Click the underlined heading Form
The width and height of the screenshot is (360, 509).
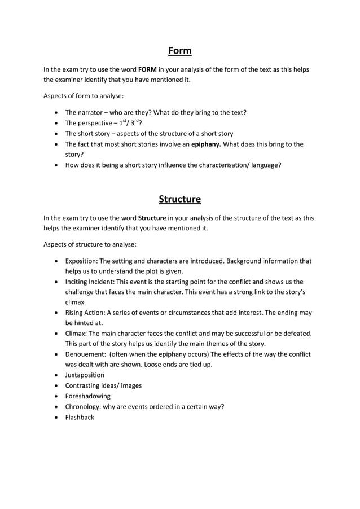(180, 51)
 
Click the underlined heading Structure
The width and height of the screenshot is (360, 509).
(180, 199)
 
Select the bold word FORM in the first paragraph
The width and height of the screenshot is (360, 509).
(147, 69)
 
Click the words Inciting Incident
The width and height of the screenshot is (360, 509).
(91, 282)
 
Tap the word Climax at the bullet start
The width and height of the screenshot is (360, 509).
(77, 334)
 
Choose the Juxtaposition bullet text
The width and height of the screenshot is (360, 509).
(85, 375)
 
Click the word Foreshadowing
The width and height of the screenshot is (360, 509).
(87, 396)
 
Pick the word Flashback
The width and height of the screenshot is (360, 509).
(80, 417)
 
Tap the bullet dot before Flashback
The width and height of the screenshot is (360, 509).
(56, 418)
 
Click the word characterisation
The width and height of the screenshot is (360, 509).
(217, 165)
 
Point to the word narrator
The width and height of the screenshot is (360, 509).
(90, 112)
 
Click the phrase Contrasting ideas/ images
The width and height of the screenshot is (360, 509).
(103, 385)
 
